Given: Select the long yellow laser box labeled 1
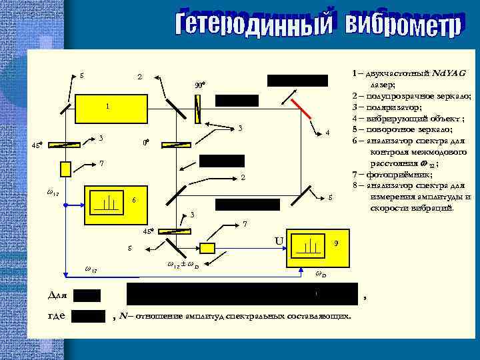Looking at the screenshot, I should click(107, 107).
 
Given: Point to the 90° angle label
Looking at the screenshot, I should click(199, 85).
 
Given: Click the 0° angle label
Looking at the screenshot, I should click(146, 143).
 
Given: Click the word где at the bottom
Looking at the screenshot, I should click(57, 315).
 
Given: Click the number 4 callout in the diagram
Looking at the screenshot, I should click(327, 133).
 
